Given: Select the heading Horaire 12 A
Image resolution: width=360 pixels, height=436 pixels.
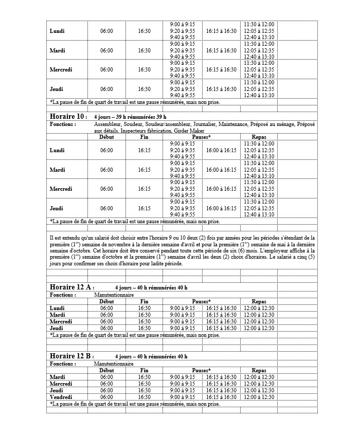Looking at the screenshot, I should [71, 287].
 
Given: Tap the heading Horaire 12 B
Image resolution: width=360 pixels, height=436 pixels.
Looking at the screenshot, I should [71, 356].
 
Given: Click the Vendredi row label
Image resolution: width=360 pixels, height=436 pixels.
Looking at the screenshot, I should [61, 397].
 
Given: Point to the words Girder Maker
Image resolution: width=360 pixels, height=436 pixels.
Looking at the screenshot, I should [190, 131].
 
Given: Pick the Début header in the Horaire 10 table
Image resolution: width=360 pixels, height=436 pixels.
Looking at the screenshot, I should [106, 137].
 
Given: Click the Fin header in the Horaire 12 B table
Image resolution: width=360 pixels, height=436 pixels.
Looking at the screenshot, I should [144, 370].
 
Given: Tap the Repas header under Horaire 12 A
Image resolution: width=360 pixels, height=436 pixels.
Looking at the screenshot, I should [259, 301].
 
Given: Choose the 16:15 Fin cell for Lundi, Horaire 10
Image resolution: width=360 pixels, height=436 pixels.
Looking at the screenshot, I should [144, 150].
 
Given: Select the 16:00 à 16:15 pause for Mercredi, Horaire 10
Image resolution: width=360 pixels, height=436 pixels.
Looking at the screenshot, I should [221, 189].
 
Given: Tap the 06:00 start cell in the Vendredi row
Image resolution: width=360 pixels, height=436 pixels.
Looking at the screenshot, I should [106, 397].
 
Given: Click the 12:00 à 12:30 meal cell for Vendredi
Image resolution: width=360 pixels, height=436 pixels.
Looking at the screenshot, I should [259, 397].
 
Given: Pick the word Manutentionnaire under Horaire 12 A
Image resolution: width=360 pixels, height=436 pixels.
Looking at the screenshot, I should [114, 295].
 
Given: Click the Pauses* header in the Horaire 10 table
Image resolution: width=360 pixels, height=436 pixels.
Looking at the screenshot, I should [202, 137].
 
